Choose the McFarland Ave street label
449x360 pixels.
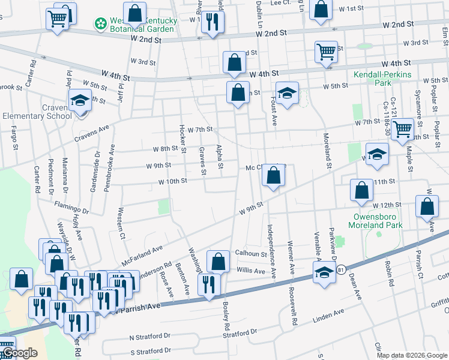(x=142, y=256)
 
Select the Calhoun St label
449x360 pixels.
(x=250, y=254)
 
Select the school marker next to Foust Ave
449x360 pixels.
(x=288, y=93)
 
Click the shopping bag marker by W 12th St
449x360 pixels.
(x=427, y=206)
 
